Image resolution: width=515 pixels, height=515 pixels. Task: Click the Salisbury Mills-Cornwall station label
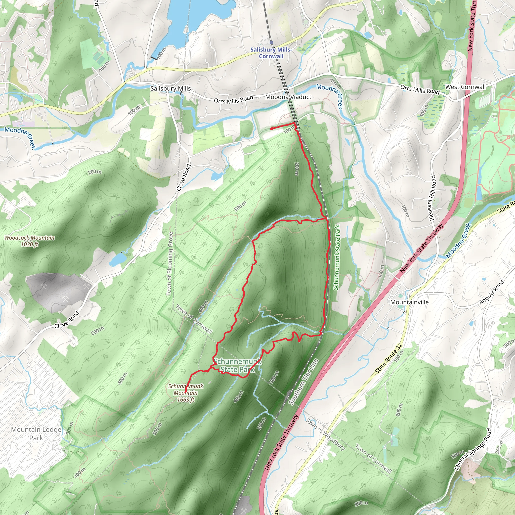271,53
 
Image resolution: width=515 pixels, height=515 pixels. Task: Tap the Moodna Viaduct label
288,97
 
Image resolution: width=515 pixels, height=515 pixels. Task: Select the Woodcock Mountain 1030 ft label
30,241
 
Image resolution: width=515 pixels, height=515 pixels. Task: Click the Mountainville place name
409,302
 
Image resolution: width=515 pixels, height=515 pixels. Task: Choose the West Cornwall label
465,87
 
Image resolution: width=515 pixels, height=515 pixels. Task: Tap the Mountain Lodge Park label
36,434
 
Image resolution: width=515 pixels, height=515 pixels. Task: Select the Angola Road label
492,292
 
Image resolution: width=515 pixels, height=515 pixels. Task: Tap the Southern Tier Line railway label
304,382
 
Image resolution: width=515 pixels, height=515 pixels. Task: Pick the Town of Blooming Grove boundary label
170,264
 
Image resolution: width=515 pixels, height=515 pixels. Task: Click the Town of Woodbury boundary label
325,434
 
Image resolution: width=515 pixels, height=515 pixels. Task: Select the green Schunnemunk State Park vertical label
336,257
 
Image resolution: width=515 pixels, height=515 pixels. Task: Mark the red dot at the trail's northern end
272,129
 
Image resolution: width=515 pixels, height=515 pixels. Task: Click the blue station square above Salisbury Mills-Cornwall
271,43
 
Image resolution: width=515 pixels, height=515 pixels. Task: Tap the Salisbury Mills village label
170,89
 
